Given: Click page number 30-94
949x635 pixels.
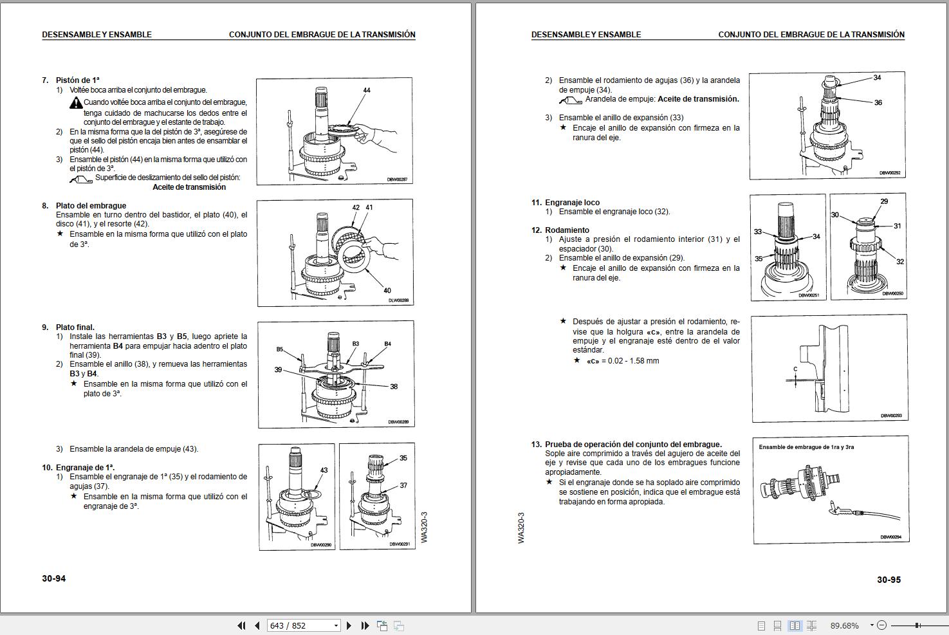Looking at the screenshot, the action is [54, 578].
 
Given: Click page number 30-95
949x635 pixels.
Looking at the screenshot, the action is [889, 580].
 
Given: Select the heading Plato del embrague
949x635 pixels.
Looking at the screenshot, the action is [91, 205].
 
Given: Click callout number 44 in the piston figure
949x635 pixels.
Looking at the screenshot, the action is [367, 90].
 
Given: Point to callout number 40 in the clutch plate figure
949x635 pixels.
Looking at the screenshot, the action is [387, 290].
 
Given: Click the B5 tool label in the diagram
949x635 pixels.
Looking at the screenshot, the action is [280, 349].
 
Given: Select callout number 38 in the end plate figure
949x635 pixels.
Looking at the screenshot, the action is [394, 386].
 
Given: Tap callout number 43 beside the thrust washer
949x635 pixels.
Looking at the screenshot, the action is [324, 470].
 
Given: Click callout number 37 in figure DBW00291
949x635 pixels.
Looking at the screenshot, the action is [403, 485].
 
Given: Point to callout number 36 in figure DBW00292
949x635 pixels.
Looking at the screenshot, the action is [878, 102].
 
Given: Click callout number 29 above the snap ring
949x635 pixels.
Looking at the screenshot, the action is [884, 201].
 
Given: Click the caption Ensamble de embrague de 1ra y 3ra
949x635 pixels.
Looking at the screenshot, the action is [806, 447].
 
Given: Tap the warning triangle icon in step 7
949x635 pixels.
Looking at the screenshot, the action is [77, 103].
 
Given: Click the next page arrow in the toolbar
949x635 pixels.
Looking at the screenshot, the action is [349, 626].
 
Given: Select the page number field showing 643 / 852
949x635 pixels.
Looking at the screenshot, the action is [303, 626].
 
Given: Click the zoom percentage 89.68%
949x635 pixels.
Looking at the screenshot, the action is [844, 626].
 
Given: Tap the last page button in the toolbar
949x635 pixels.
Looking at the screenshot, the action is [365, 626].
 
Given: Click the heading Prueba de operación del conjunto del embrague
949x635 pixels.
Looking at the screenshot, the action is [633, 445].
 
